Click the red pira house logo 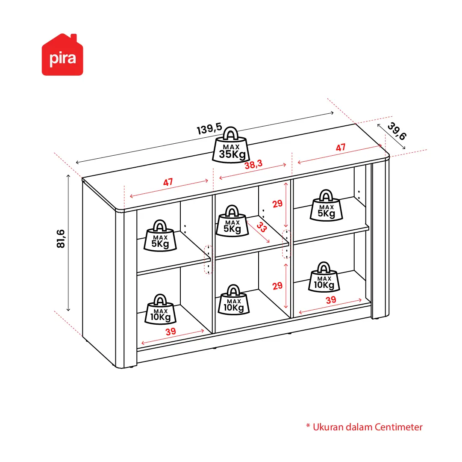62,55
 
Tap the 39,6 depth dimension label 397,131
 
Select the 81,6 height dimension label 61,239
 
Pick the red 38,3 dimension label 253,164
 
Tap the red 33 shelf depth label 262,227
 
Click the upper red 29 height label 277,204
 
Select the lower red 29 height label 277,286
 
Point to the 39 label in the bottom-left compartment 171,332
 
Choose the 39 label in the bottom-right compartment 331,300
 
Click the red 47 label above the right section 341,148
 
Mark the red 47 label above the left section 168,182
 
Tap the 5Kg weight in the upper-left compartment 160,236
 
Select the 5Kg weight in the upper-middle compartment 232,221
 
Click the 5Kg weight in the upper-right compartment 327,205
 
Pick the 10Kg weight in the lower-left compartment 161,309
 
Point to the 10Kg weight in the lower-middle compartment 234,300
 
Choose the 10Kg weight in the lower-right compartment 324,277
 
